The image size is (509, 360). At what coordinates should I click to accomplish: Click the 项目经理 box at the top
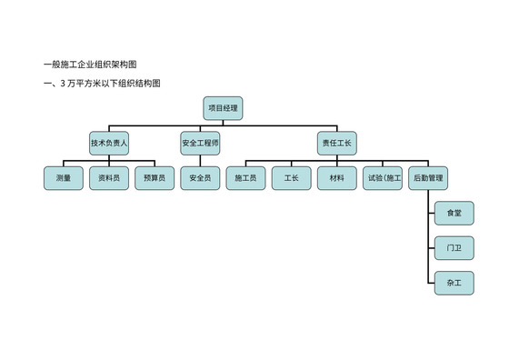click(x=223, y=108)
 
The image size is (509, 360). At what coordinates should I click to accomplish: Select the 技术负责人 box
click(x=109, y=144)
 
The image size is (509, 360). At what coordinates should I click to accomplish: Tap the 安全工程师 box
click(x=200, y=144)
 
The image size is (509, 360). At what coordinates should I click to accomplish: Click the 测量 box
click(x=64, y=178)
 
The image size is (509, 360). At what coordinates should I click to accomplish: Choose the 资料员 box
click(x=109, y=178)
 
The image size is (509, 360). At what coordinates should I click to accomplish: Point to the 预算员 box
click(x=155, y=178)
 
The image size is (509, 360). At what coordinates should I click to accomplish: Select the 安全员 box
click(x=200, y=178)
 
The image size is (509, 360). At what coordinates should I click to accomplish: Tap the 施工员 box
click(x=245, y=178)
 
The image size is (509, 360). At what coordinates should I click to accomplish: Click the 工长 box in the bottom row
click(x=291, y=178)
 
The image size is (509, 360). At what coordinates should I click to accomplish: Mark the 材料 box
click(x=336, y=178)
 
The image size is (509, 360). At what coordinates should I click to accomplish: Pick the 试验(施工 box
click(x=382, y=178)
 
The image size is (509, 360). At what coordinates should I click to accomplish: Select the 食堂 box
click(x=454, y=213)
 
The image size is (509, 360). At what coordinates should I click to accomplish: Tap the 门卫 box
click(x=454, y=247)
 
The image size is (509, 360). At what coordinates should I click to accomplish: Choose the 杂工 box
click(x=454, y=283)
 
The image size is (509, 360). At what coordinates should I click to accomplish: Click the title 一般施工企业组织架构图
click(x=90, y=64)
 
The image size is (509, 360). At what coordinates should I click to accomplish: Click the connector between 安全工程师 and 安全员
click(x=200, y=160)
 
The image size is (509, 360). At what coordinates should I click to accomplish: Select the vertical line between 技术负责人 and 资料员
click(x=109, y=160)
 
